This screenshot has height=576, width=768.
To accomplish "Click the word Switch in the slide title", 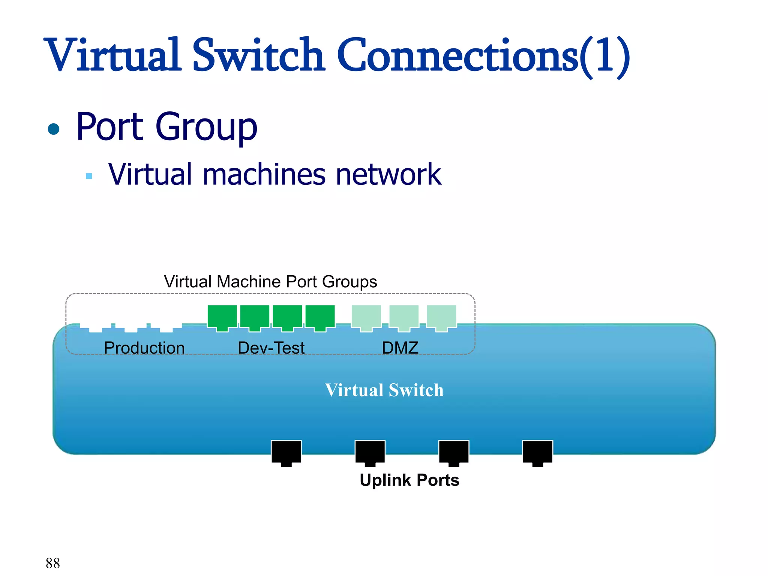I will [258, 55].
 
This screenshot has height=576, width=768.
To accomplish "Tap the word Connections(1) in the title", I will [483, 55].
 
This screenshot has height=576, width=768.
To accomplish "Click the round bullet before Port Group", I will [54, 129].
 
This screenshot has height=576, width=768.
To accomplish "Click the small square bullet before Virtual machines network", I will [89, 176].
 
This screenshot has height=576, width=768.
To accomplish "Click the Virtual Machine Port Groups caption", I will [270, 282].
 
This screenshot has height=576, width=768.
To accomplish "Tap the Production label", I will [144, 348].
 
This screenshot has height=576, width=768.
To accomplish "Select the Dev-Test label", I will [271, 348].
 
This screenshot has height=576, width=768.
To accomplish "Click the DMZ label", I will [400, 348].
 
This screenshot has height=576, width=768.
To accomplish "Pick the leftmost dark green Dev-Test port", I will [222, 316].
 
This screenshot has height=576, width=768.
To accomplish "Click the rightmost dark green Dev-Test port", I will [320, 316].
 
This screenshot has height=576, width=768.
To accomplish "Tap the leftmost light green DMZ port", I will [366, 316].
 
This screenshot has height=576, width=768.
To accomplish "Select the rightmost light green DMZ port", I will [441, 316].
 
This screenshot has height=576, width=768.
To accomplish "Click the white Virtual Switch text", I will [384, 390].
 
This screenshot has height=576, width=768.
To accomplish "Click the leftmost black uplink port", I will [286, 452].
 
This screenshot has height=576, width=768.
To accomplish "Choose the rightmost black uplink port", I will [537, 452].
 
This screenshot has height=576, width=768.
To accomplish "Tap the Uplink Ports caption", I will [409, 480].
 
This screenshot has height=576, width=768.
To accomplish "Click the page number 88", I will [53, 563].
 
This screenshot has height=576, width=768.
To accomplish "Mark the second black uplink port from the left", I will [370, 452].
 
